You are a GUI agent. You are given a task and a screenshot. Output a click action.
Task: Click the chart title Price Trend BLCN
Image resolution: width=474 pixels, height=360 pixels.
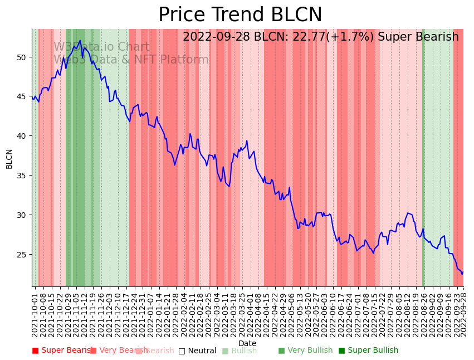coord(240,15)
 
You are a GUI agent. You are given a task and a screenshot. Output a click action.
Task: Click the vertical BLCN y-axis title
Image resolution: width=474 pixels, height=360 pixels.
coord(9,159)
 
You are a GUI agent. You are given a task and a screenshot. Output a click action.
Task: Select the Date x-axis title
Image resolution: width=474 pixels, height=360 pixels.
coord(247,343)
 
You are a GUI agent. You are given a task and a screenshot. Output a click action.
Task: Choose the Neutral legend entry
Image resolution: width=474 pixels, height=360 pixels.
coord(198,351)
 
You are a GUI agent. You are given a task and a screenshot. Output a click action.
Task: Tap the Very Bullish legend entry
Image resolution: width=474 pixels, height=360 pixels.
coord(305,351)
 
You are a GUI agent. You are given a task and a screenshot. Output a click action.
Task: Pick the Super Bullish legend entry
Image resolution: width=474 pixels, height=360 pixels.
coord(369,351)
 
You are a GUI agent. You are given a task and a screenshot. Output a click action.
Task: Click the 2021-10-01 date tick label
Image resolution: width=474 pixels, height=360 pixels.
coord(35,314)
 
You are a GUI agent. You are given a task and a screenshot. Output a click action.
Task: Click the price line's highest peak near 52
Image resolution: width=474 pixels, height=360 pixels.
coord(80,40)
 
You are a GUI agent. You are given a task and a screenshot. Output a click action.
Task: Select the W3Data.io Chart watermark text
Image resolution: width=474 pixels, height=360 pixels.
coord(101,47)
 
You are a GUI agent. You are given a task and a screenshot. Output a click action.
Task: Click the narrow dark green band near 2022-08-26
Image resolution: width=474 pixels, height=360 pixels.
coord(423,167)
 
